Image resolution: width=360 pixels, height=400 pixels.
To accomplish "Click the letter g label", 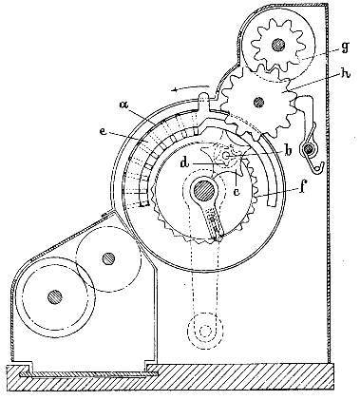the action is (x=345, y=47).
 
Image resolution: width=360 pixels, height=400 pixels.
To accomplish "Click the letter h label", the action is (x=345, y=75).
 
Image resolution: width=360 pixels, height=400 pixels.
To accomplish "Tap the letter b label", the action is (x=288, y=151).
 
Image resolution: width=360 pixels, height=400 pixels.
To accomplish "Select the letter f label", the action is (x=302, y=187).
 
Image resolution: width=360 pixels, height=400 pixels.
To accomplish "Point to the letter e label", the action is (x=104, y=132).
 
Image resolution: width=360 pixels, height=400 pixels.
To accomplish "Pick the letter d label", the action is (x=184, y=162).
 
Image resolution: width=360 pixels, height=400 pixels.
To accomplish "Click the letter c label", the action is (x=237, y=191).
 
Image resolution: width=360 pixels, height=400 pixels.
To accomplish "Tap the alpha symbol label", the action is (x=124, y=105).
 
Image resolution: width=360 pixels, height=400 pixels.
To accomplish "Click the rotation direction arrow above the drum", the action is (x=191, y=88).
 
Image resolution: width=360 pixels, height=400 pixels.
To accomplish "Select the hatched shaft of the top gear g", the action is (x=277, y=45).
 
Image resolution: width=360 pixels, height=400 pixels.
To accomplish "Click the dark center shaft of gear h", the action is (x=258, y=102).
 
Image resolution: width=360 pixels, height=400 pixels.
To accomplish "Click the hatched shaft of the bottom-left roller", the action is (x=55, y=296).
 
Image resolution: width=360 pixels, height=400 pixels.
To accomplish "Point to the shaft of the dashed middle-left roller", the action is (x=108, y=258).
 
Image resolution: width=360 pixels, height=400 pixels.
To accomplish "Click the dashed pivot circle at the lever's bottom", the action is (x=205, y=332).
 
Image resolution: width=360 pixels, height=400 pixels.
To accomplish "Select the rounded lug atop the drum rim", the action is (x=204, y=97).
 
